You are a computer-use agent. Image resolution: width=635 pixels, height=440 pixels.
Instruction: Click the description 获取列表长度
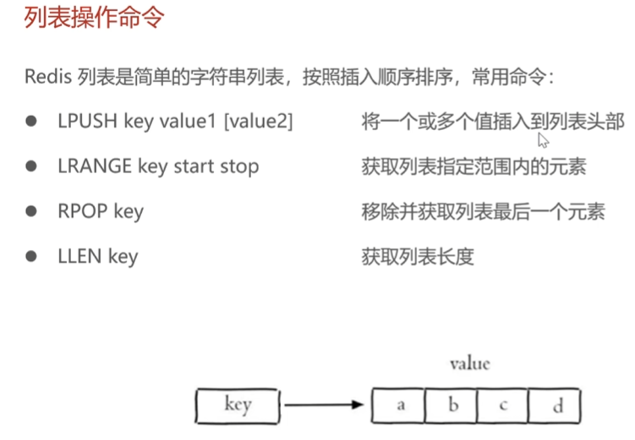pos(418,256)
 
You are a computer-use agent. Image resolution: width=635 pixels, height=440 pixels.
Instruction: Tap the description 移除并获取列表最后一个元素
pos(483,211)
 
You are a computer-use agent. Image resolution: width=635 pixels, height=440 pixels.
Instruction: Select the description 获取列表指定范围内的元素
pos(474,166)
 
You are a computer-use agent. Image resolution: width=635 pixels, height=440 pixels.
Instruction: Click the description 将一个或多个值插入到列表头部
pos(492,122)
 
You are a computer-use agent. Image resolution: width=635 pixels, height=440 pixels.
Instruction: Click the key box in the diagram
pos(238,405)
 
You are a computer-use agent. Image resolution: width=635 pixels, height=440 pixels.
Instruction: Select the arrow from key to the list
pos(326,405)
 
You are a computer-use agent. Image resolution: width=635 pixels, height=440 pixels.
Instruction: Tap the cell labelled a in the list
pos(401,405)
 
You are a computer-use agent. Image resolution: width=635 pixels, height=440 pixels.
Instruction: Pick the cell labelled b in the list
pos(452,405)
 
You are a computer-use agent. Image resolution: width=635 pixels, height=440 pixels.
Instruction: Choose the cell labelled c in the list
pos(503,405)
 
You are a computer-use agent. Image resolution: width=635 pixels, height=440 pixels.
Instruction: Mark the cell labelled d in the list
pos(556,405)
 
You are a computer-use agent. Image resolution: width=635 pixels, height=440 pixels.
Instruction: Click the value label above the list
pos(469,364)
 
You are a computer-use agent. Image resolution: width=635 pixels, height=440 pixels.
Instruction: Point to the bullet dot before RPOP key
pos(32,210)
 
